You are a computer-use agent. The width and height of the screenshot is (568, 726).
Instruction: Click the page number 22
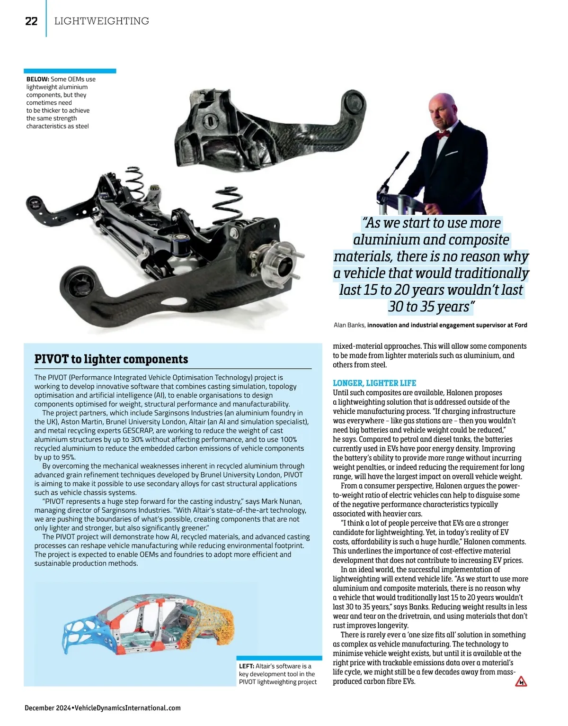tap(31, 21)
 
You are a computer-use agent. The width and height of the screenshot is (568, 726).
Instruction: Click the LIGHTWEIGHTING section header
tap(102, 21)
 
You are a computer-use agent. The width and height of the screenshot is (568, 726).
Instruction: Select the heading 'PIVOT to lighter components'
tap(111, 359)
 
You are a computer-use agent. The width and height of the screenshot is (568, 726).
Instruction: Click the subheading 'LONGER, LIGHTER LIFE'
tap(374, 383)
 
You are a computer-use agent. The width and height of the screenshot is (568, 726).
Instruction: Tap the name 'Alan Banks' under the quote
tap(349, 325)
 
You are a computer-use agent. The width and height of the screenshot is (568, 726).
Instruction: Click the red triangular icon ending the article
tap(521, 681)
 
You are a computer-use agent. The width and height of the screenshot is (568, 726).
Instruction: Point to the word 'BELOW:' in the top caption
tap(37, 79)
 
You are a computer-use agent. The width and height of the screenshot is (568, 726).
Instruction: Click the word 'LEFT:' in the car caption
tap(246, 666)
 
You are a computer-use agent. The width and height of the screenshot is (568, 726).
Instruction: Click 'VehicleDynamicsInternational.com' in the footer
tap(127, 708)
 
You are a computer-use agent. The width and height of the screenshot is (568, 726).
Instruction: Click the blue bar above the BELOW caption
tap(70, 71)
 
